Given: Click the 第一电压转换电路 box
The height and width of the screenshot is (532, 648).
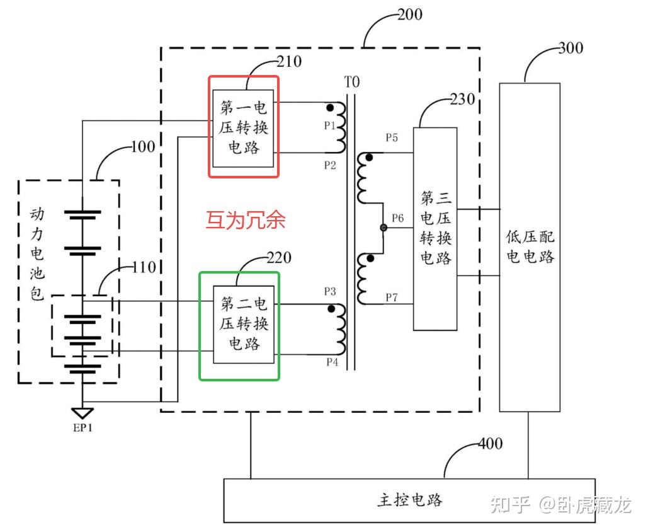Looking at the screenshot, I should point(243,128).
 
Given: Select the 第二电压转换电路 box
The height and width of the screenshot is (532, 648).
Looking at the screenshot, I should point(244,325).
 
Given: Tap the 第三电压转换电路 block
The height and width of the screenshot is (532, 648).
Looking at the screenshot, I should point(435,229).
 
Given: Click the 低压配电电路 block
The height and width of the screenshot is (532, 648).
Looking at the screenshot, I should point(530,247).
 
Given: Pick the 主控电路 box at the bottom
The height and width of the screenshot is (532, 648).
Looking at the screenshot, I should point(409,500).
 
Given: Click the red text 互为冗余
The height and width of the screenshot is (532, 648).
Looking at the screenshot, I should point(246,220).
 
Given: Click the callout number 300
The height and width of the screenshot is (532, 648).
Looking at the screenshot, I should point(571,49).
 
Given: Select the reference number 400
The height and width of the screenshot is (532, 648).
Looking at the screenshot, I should point(490,444).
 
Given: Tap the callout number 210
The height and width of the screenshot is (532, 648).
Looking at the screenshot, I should point(289,62).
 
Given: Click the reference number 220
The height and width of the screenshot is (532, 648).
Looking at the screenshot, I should point(279,258).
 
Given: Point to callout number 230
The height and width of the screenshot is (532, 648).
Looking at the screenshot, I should point(463,100).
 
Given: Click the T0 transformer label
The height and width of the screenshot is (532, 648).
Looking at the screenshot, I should point(351,81).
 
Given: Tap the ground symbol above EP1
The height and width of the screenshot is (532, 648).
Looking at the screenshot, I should point(82,413).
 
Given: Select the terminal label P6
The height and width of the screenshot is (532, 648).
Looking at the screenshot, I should point(398,219).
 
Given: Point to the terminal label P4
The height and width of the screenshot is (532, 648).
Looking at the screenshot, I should point(331,362).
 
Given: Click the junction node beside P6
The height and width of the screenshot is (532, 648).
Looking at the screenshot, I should point(383,228).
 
